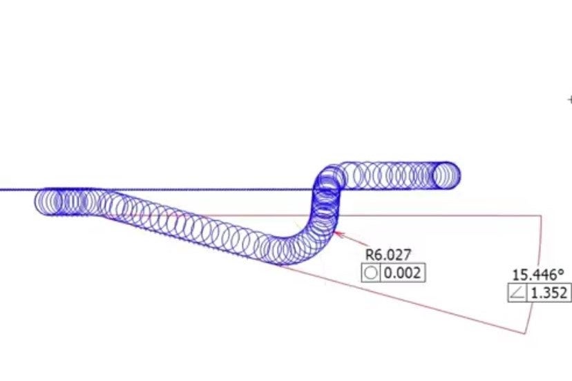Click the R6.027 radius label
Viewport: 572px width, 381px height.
[x=388, y=255]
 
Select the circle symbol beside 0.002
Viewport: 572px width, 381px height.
[x=371, y=273]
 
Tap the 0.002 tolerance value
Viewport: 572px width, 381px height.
[x=402, y=273]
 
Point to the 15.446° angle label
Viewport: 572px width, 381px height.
[x=538, y=275]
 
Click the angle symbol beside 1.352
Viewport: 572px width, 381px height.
[x=518, y=293]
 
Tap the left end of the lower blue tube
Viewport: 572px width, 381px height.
[x=36, y=202]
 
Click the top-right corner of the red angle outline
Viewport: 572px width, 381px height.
[x=541, y=216]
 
